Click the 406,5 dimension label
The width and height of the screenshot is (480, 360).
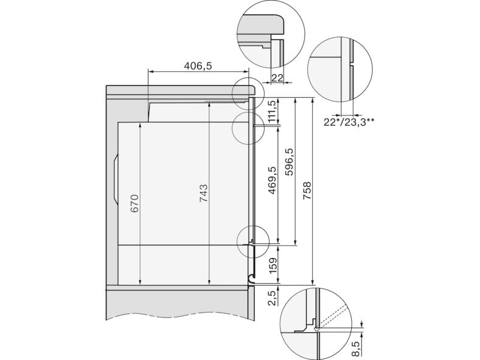pos(198,66)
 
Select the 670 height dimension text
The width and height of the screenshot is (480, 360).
pos(134,204)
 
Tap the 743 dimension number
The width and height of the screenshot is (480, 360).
pos(204,193)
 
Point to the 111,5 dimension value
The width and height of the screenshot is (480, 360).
pos(272,111)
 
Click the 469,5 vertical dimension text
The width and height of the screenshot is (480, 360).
pos(272,181)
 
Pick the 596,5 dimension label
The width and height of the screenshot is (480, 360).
pos(289,162)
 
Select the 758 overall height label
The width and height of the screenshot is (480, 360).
pos(307,191)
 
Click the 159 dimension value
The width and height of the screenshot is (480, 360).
pos(272,265)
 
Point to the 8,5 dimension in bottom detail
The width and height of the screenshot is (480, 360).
pos(355,348)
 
